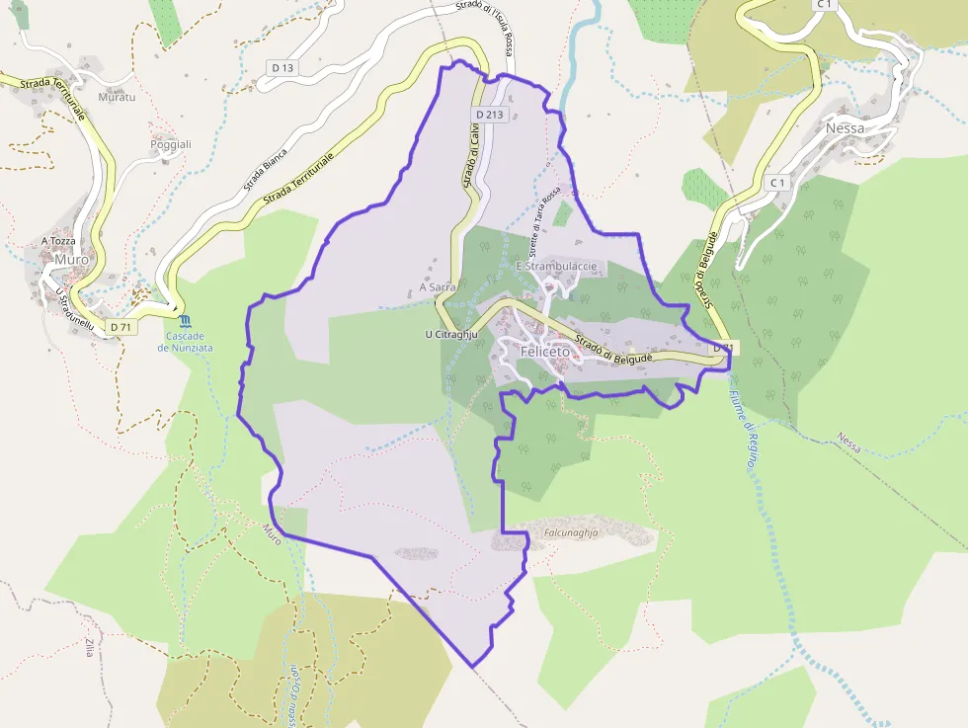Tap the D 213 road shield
click(x=489, y=115)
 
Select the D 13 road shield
click(x=282, y=67)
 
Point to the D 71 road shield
click(x=121, y=327)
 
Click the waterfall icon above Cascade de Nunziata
click(x=187, y=320)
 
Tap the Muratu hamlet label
click(x=116, y=98)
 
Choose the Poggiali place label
click(x=170, y=144)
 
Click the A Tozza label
click(x=58, y=241)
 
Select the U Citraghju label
click(x=451, y=335)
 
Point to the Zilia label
click(x=89, y=648)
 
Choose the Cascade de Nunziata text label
click(x=187, y=342)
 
